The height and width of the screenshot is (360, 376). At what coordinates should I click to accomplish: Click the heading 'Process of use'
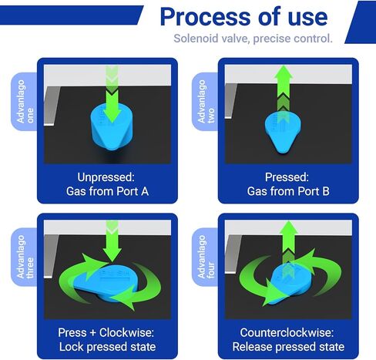(x=243, y=17)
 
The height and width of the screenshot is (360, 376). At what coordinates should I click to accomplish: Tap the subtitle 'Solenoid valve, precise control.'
(x=253, y=39)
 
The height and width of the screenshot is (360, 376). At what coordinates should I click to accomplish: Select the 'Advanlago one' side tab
(x=25, y=102)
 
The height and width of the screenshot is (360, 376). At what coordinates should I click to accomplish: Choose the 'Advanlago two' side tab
(x=206, y=102)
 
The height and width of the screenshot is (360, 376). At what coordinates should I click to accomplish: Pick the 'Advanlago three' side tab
(x=25, y=257)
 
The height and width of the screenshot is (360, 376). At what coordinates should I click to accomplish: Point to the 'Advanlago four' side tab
(x=206, y=257)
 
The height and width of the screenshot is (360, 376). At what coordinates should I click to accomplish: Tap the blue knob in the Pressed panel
(x=283, y=133)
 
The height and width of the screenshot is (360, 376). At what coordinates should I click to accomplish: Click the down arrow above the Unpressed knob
(x=112, y=94)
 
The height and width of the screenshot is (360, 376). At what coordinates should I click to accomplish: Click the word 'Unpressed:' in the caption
(x=106, y=177)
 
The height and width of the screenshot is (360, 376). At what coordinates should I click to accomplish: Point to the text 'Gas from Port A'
(x=107, y=191)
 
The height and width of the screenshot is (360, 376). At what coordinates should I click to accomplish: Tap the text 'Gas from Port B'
(x=288, y=191)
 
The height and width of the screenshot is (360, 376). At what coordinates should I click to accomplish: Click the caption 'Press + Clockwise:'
(x=106, y=332)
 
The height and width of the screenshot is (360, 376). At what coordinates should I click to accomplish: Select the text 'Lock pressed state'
(x=107, y=347)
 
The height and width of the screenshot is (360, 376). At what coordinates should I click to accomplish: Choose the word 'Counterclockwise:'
(x=287, y=332)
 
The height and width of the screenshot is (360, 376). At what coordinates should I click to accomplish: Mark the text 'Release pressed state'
(x=288, y=347)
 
